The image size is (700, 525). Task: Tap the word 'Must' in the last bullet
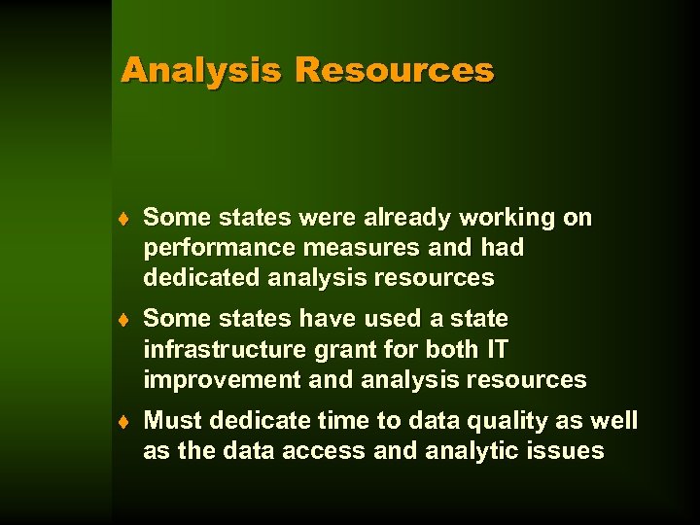tap(170, 420)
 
